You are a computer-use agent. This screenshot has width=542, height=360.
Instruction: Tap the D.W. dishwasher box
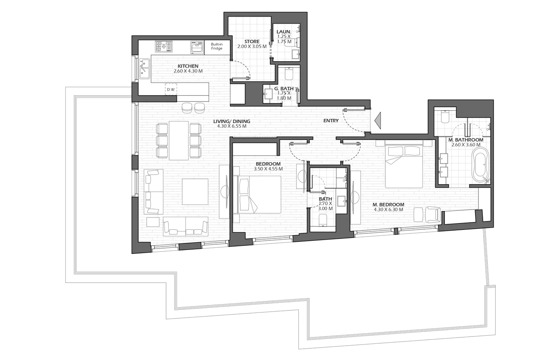coord(171,89)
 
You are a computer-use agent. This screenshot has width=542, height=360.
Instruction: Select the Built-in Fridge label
coord(217,46)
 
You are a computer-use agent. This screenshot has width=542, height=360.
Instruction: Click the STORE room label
coord(252,41)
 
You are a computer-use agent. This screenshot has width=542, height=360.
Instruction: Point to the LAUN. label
coord(284,32)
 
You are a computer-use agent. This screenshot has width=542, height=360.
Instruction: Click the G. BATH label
coord(284,88)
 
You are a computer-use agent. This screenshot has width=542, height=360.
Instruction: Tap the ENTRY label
coord(331,121)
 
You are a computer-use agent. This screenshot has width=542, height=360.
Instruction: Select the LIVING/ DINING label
coord(232,121)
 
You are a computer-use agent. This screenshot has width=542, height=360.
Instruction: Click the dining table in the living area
coord(178,140)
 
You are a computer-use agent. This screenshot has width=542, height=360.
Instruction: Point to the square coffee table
coord(195,191)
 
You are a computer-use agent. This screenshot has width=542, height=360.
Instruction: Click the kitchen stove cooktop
coord(163,47)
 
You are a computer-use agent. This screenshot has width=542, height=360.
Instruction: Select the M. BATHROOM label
coord(466,140)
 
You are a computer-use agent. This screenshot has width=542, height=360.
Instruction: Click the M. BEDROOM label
coord(388,205)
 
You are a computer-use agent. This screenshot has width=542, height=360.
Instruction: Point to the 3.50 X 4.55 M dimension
coord(268,169)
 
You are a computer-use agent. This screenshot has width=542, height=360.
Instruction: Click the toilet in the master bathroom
coord(444,115)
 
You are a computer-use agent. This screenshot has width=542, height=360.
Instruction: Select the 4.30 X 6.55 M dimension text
coord(232,126)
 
